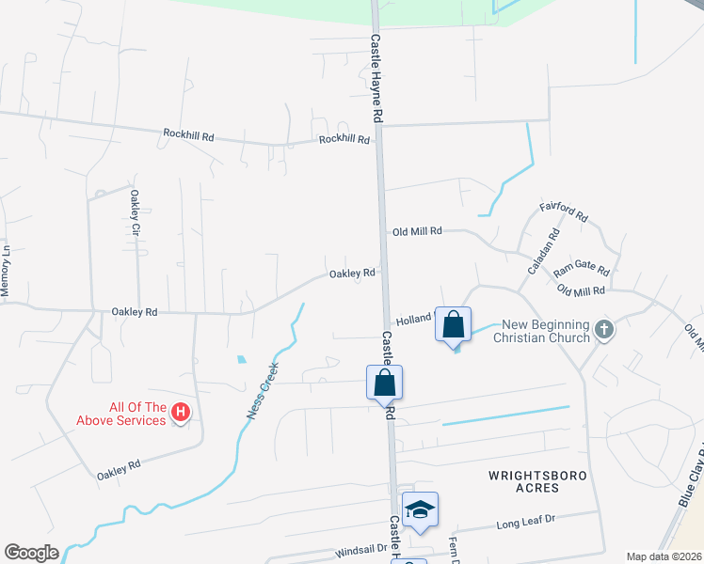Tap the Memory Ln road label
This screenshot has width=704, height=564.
[6, 274]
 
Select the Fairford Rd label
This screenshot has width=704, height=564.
[563, 211]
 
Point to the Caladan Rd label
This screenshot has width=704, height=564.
[543, 252]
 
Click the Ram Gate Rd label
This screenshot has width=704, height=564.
[581, 271]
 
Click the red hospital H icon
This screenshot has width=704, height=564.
[182, 411]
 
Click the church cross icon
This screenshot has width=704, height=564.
[604, 330]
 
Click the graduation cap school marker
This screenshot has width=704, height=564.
[420, 509]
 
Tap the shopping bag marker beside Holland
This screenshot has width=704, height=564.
[453, 324]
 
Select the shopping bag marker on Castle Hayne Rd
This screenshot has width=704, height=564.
[384, 383]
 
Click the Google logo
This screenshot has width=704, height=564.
[31, 553]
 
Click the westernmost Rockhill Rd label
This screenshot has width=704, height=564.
[188, 136]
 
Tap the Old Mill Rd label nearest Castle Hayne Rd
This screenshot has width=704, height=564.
[417, 230]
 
